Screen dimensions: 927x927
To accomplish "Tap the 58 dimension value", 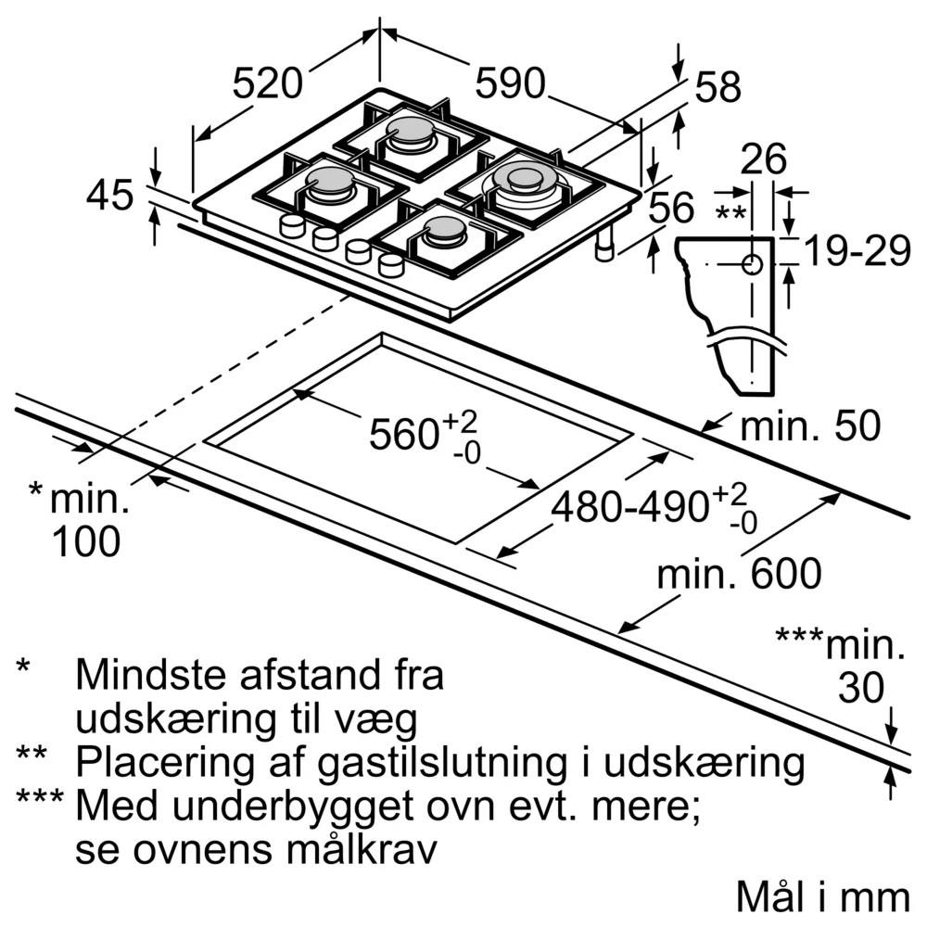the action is click(717, 87).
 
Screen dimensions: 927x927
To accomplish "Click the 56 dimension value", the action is click(671, 208).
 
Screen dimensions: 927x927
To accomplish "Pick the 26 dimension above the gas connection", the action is click(763, 159).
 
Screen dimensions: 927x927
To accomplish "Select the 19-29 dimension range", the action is click(857, 250).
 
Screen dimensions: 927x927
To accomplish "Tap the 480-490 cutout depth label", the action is click(629, 507).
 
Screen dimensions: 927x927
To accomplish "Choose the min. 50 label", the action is click(810, 425).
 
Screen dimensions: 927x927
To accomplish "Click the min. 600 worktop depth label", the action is click(739, 572).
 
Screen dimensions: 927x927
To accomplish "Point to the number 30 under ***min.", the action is click(861, 687).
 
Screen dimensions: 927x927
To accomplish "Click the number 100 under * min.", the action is click(86, 541).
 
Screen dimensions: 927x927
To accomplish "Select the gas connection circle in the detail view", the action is click(752, 264).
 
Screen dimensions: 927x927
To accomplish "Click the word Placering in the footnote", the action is click(164, 764).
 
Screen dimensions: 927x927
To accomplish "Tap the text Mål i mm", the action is click(822, 896).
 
